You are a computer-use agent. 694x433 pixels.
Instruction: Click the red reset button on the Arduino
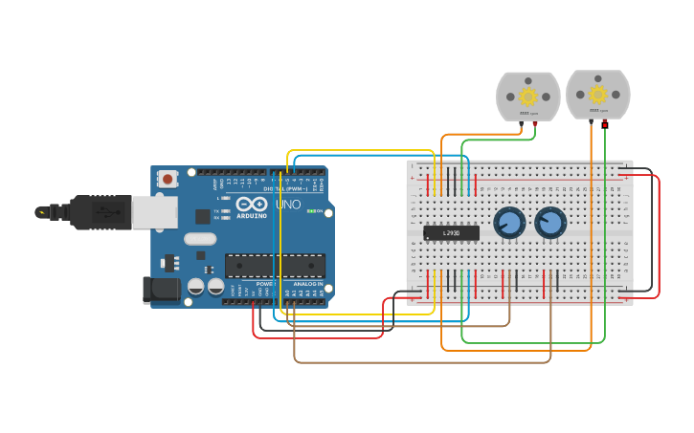(x=168, y=179)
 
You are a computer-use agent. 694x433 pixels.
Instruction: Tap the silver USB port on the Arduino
(x=153, y=212)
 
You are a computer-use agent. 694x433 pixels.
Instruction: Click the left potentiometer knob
(x=509, y=224)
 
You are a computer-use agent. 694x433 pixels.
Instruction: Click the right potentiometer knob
(x=550, y=224)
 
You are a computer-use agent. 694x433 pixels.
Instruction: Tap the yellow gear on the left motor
(x=527, y=96)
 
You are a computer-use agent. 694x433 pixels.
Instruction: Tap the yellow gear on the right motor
(x=597, y=94)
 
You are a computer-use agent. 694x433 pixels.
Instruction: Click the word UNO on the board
(x=288, y=205)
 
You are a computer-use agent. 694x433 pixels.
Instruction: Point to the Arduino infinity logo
(x=252, y=204)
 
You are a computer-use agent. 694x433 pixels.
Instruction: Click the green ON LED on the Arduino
(x=310, y=211)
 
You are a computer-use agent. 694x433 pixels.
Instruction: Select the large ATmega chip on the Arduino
(x=275, y=266)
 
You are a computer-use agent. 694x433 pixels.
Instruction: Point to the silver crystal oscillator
(x=200, y=239)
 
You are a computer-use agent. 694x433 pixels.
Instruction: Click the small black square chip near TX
(x=203, y=216)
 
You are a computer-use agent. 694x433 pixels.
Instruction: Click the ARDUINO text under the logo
(x=252, y=216)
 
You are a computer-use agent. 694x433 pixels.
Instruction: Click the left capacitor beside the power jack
(x=196, y=286)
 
